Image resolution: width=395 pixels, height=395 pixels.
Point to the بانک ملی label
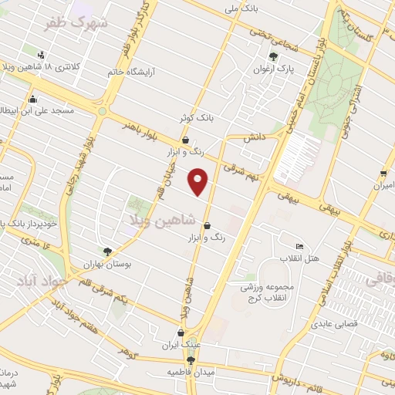[239, 9]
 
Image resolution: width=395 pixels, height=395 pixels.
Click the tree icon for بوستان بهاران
[107, 251]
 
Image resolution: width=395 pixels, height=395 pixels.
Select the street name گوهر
[126, 351]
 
